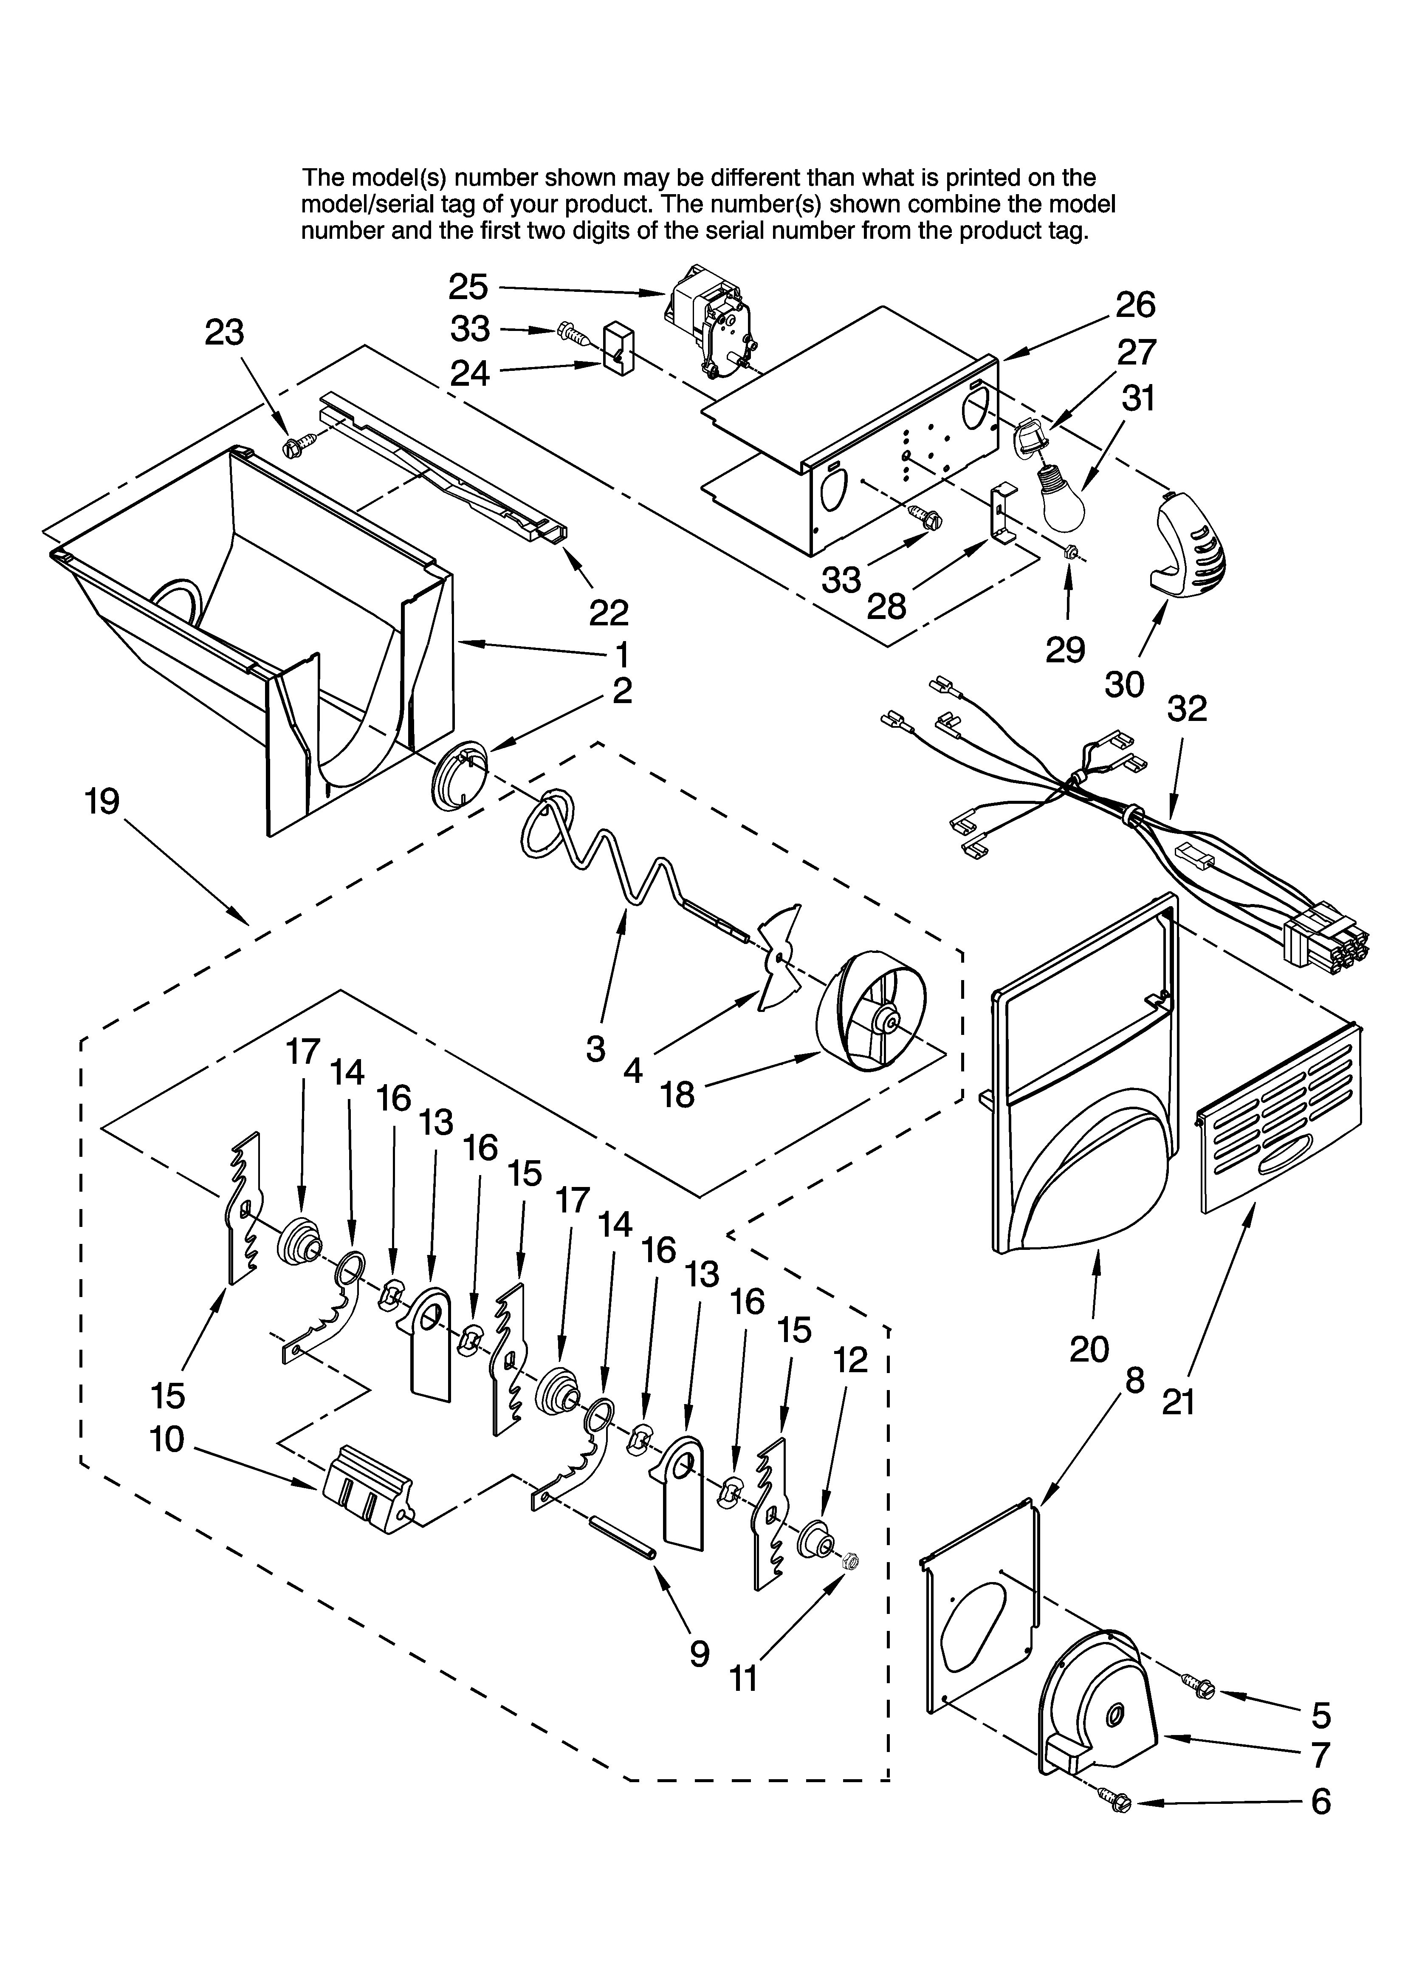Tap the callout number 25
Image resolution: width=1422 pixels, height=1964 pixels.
[x=468, y=287]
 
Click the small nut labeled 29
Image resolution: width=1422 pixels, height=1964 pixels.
[x=1069, y=551]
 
